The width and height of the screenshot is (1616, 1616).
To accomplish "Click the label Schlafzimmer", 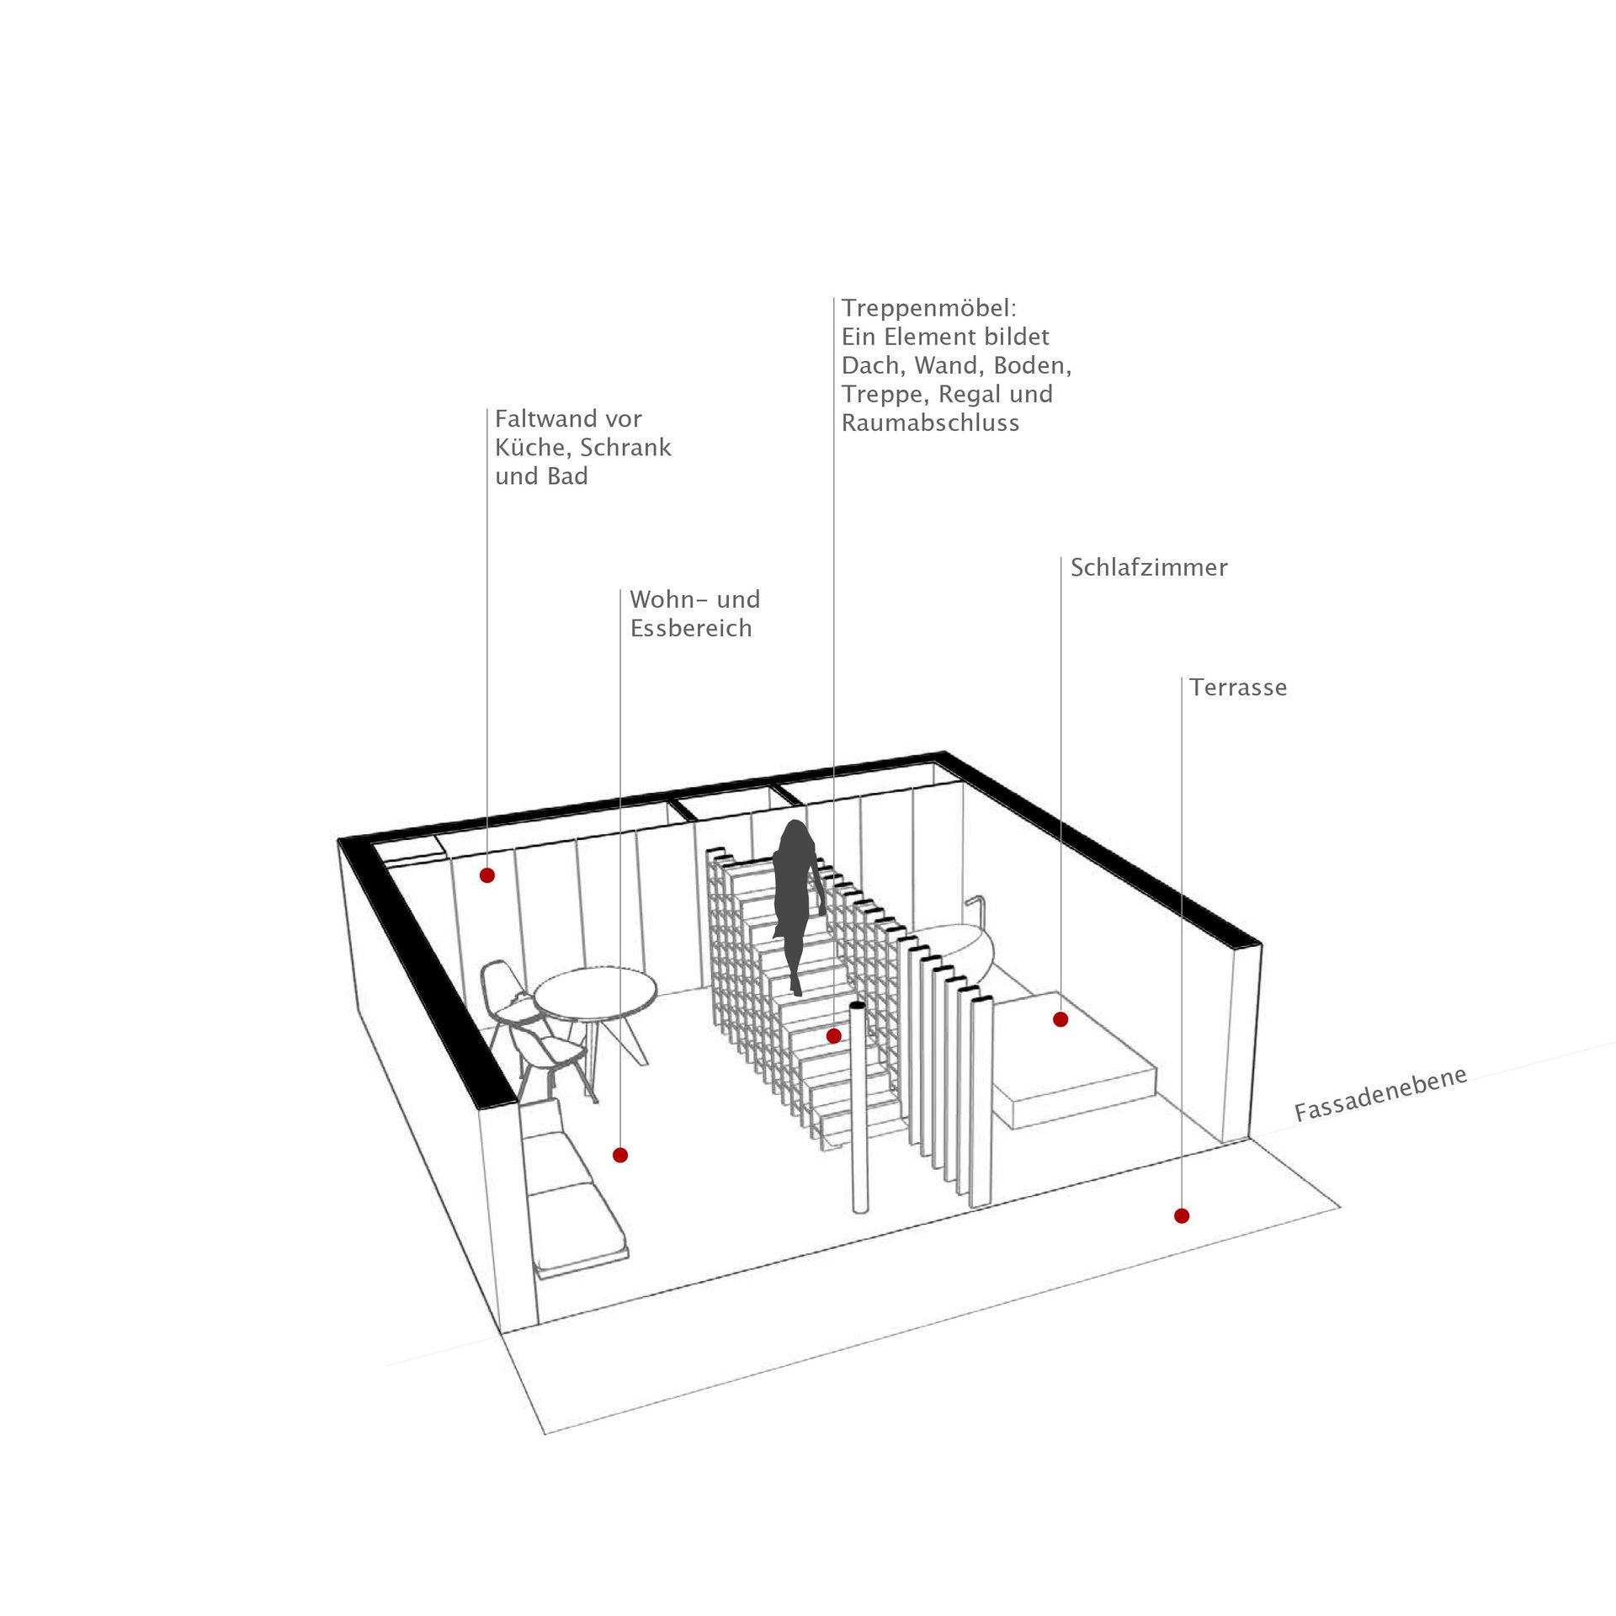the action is [1149, 567].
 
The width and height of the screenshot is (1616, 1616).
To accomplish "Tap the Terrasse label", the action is [1238, 688].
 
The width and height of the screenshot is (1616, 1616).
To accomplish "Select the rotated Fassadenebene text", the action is [1381, 1094].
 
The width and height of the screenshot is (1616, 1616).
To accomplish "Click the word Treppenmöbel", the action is [929, 309].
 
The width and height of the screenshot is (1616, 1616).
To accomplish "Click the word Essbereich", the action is [691, 629].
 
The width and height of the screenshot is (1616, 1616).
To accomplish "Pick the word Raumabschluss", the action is [930, 423].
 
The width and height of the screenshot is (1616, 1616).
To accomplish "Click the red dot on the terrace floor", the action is [1182, 1215].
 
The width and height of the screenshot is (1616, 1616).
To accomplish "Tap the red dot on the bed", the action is [1060, 1019].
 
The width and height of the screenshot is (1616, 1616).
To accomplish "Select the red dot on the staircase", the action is [833, 1036].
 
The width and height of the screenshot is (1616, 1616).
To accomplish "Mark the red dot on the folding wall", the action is [487, 875].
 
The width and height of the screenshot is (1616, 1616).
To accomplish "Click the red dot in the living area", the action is [620, 1156].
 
